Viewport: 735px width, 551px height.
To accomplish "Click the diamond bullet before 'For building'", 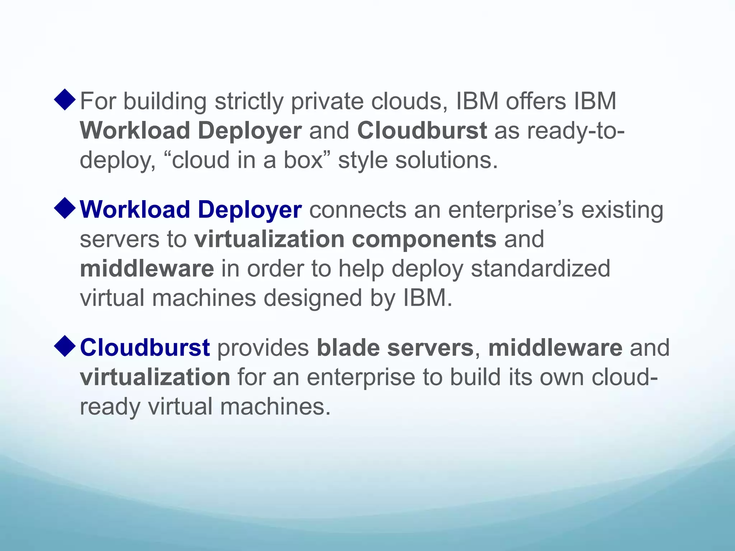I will (65, 100).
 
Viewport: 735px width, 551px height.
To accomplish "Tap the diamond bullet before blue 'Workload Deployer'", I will (65, 208).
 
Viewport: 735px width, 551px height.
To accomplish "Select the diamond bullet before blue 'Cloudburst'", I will (65, 347).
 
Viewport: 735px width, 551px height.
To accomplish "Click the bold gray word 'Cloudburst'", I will (422, 130).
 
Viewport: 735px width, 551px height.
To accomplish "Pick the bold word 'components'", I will (424, 239).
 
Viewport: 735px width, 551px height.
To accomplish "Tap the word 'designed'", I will (313, 298).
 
